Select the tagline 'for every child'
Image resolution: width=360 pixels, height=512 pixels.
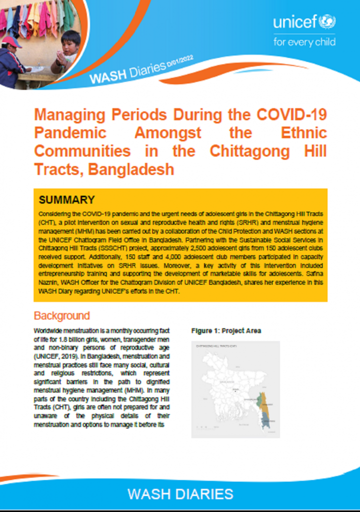pos(304,41)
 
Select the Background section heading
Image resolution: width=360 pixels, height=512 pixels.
pos(61,316)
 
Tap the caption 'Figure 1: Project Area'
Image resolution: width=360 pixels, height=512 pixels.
pos(226,331)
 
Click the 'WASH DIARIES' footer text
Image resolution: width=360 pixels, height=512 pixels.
pos(180,494)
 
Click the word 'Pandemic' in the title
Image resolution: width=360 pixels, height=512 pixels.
pos(70,132)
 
